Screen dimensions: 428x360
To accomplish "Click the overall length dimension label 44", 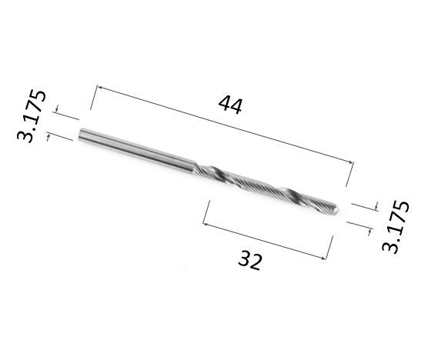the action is (230, 105).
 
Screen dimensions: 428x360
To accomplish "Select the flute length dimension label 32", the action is (250, 261).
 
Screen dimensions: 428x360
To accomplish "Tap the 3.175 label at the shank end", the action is (32, 116).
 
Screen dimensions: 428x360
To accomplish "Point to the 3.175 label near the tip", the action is (396, 227).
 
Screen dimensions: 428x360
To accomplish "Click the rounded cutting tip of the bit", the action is (335, 209).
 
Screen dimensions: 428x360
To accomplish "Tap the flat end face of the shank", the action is (81, 135).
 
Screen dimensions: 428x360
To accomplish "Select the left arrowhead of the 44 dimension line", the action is (99, 88).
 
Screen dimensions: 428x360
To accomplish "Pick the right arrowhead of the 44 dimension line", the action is (350, 162).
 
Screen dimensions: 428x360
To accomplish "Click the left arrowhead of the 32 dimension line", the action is (206, 224).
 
